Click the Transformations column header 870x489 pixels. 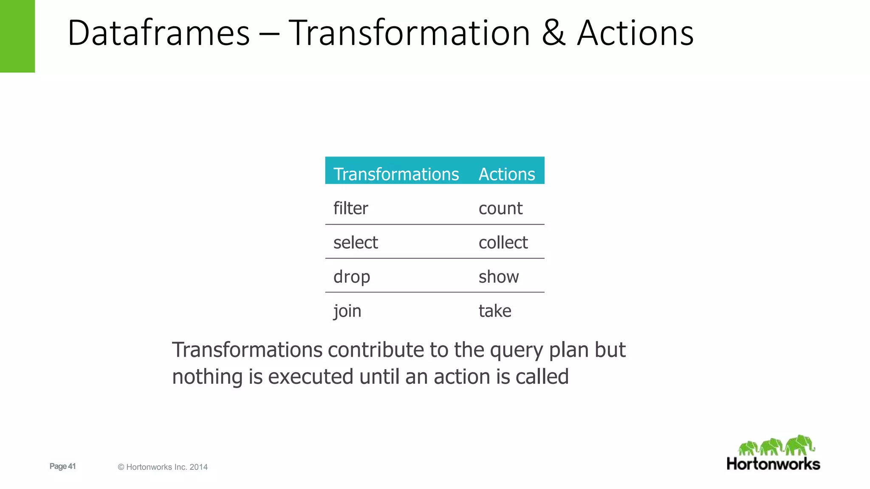coord(396,174)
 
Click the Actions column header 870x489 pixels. coord(506,174)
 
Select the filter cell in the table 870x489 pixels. coord(350,208)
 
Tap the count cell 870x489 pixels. coord(500,208)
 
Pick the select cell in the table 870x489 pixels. coord(356,243)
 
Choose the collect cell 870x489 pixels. coord(503,243)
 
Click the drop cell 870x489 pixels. coord(352,277)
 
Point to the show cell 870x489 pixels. coord(499,277)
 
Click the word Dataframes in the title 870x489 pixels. coord(158,33)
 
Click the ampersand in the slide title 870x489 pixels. coord(554,33)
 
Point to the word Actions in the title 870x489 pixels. coord(635,33)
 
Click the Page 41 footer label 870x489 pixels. coord(62,466)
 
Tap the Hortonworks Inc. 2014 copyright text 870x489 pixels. coord(163,467)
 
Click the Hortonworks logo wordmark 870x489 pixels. coord(773,464)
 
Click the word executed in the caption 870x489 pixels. coord(311,377)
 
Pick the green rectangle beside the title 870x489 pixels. coord(17,36)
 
